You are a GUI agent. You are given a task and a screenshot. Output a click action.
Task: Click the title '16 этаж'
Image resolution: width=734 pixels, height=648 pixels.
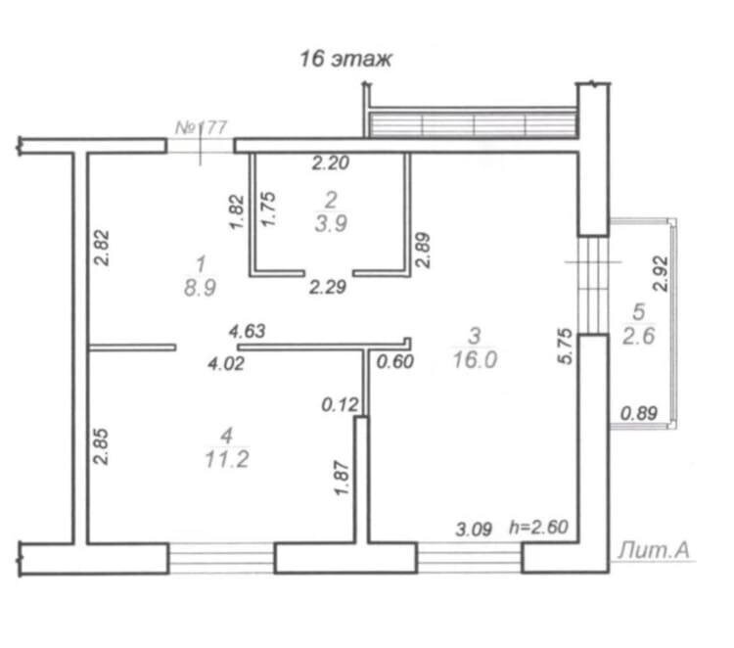[345, 59]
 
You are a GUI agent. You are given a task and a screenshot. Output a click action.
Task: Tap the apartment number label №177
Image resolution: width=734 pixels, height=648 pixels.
[202, 127]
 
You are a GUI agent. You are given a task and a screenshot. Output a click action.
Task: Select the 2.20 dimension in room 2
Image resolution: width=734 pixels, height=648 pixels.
[331, 162]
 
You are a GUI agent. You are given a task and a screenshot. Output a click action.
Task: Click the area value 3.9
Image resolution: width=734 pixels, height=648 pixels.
[331, 224]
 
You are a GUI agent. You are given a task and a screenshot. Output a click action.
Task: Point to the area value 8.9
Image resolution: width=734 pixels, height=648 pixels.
[200, 288]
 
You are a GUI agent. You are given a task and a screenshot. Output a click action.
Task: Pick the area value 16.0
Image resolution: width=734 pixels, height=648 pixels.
[475, 360]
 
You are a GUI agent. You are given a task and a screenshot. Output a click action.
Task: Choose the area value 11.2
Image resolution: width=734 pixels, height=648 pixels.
[227, 459]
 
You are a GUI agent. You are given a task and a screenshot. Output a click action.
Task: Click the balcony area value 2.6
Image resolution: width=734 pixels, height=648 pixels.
[639, 336]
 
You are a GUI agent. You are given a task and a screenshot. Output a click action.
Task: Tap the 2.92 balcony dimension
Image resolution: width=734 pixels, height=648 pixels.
[662, 273]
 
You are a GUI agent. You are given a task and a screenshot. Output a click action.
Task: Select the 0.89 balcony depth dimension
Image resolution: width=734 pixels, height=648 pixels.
[639, 413]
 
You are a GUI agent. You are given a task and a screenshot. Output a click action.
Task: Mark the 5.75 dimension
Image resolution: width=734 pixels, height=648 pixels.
[565, 346]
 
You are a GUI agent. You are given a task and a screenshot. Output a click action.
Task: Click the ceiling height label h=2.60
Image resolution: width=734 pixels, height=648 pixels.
[539, 528]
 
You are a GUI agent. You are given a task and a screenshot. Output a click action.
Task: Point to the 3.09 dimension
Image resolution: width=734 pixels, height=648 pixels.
[474, 530]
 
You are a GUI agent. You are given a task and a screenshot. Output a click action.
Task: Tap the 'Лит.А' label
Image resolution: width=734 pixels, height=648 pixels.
[654, 551]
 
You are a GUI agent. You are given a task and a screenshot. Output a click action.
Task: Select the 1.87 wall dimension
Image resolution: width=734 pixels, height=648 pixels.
[342, 478]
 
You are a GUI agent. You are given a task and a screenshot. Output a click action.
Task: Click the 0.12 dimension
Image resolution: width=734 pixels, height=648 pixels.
[340, 404]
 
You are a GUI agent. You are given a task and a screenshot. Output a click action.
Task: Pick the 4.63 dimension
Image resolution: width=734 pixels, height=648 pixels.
[248, 331]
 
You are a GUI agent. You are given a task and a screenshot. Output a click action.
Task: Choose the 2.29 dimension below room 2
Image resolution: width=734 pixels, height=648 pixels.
[328, 287]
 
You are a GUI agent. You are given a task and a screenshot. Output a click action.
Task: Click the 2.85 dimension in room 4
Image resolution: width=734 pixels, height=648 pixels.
[101, 446]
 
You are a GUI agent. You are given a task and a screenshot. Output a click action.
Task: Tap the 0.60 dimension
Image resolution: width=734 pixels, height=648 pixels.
[395, 361]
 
